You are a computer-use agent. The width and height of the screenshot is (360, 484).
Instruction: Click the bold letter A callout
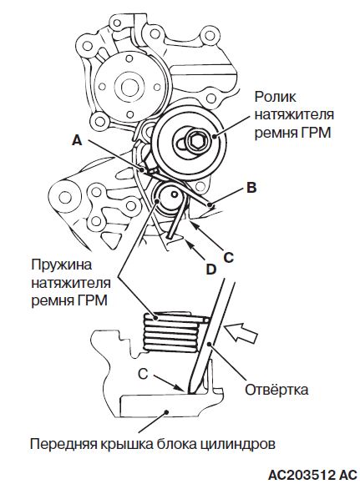[77, 141]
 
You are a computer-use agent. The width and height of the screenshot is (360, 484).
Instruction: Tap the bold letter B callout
[252, 188]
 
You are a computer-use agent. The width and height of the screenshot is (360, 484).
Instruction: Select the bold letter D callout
[211, 270]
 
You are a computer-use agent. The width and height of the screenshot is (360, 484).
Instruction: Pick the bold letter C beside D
[228, 257]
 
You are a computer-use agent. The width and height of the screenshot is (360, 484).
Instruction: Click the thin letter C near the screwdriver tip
[143, 374]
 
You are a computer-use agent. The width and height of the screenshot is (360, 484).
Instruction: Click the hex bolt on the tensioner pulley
[195, 141]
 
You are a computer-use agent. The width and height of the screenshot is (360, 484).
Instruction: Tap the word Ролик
[276, 98]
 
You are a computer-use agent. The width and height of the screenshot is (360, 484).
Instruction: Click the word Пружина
[62, 265]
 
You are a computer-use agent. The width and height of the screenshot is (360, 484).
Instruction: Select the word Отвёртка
[276, 390]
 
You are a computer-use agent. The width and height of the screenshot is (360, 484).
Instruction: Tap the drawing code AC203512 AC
[312, 475]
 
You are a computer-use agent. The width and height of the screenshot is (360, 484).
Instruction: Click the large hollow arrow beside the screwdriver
[241, 333]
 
